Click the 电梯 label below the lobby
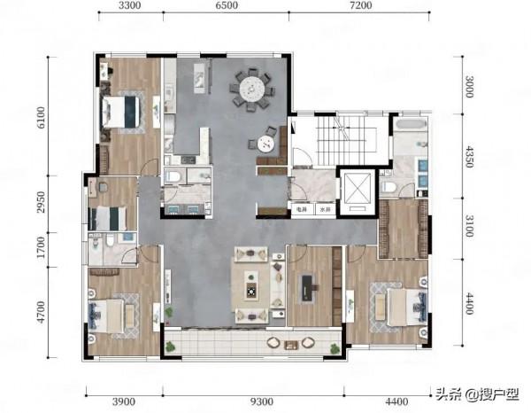pyautogui.click(x=301, y=210)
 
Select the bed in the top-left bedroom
pyautogui.click(x=121, y=112)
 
